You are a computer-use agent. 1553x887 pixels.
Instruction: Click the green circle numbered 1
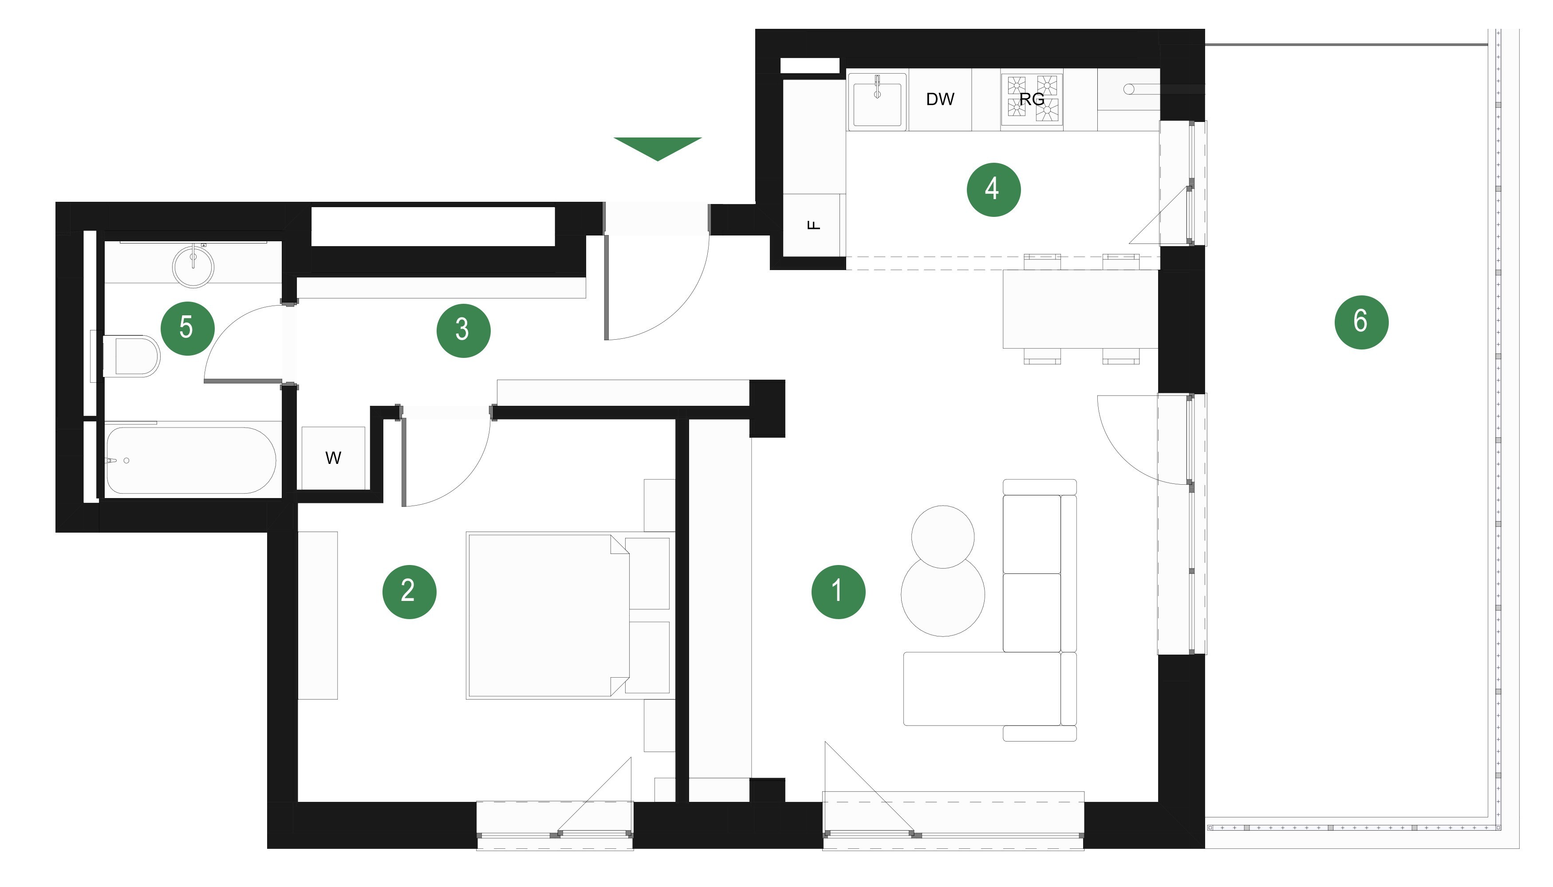click(x=838, y=592)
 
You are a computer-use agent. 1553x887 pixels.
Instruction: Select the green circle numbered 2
click(x=409, y=592)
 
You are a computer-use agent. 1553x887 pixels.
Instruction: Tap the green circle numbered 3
click(x=463, y=331)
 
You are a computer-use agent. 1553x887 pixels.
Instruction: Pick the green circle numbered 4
click(x=993, y=189)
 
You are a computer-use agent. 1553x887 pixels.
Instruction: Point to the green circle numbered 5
click(x=187, y=328)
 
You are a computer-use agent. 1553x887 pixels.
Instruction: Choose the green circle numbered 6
click(x=1362, y=322)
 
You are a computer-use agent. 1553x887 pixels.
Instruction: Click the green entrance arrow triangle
click(x=658, y=148)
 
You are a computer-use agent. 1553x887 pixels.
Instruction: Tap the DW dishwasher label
click(x=940, y=99)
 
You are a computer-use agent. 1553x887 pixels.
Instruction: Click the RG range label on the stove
click(x=1032, y=99)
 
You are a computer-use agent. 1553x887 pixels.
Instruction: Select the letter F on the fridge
click(x=814, y=225)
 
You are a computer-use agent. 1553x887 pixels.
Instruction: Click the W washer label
click(x=333, y=458)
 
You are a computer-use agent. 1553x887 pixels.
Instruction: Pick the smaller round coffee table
click(x=943, y=537)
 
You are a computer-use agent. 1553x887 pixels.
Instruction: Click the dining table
click(x=1080, y=309)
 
